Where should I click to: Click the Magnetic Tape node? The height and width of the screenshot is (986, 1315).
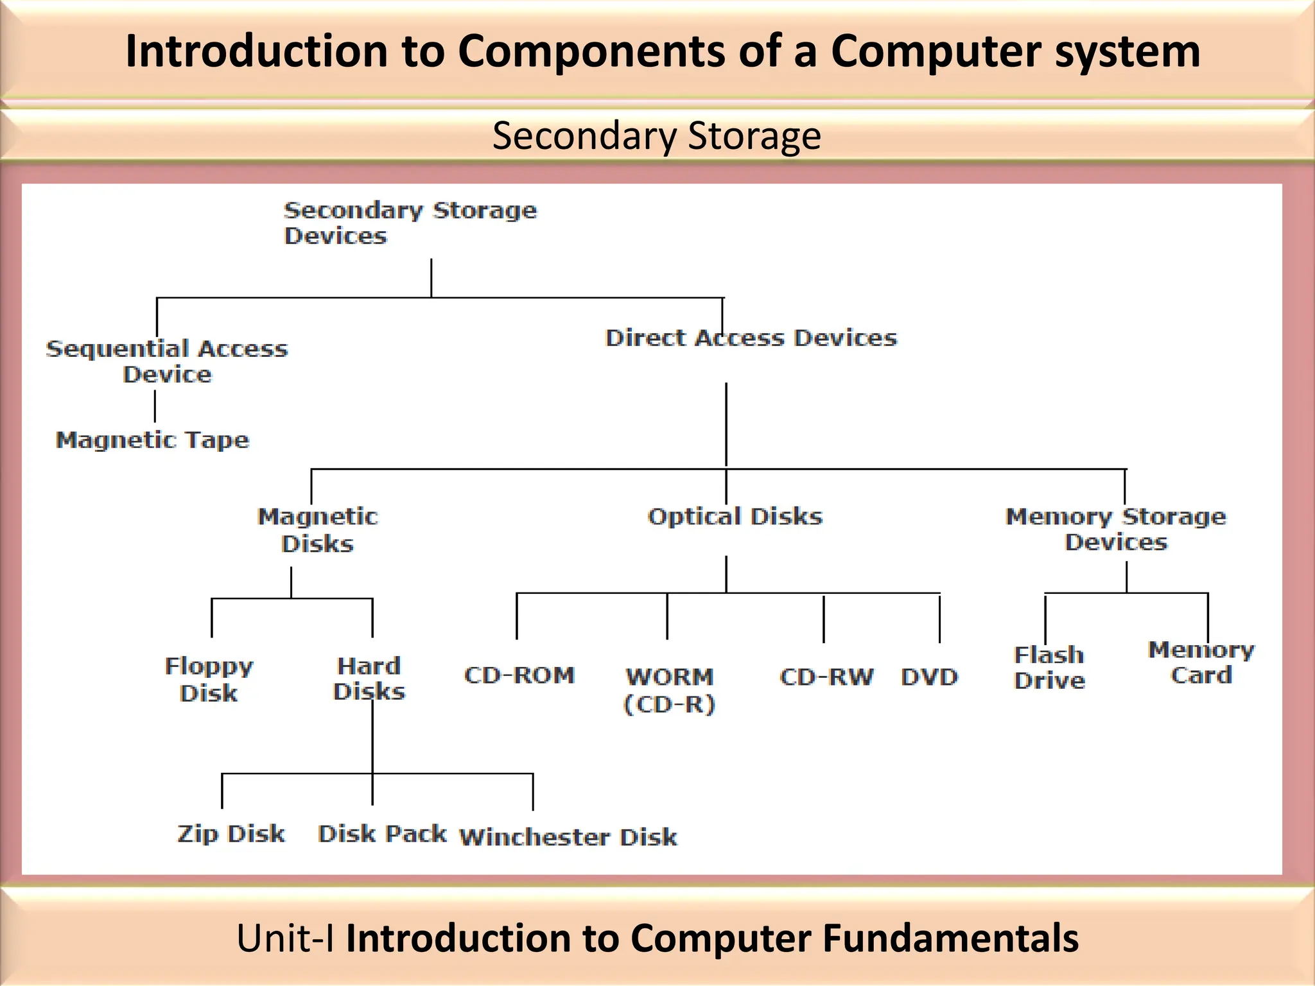tap(152, 440)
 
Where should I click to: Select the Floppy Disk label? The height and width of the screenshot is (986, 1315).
tap(209, 679)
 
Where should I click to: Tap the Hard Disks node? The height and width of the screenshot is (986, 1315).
tap(369, 679)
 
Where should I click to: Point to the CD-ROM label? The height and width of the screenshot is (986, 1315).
tap(519, 675)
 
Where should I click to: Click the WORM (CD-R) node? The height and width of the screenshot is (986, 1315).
tap(669, 690)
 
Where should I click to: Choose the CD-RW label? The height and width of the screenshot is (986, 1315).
tap(826, 677)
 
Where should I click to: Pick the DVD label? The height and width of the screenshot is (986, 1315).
tap(929, 677)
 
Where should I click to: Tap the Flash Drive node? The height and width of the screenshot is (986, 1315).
tap(1049, 668)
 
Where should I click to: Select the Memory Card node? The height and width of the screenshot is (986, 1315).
tap(1201, 662)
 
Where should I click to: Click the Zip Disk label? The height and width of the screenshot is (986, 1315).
tap(231, 834)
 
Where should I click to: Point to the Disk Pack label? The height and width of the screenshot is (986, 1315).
tap(382, 834)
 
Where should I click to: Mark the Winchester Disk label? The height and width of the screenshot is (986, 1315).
tap(568, 837)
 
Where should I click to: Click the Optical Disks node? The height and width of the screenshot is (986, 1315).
tap(735, 517)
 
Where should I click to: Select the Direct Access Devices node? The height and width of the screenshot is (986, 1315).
tap(751, 338)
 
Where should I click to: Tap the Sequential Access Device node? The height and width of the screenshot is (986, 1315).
tap(167, 361)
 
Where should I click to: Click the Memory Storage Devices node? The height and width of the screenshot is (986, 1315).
tap(1116, 530)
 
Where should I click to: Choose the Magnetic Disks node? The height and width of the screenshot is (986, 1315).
tap(318, 530)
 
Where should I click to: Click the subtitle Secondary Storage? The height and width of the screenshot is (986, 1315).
tap(656, 136)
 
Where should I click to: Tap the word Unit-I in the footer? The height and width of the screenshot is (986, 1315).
tap(285, 938)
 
